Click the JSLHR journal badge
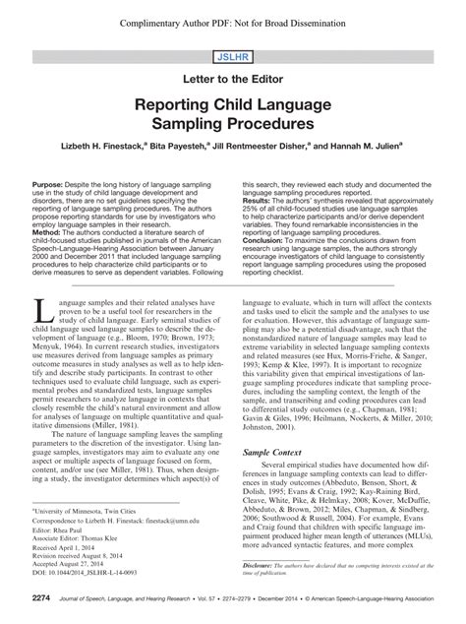(x=233, y=58)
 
